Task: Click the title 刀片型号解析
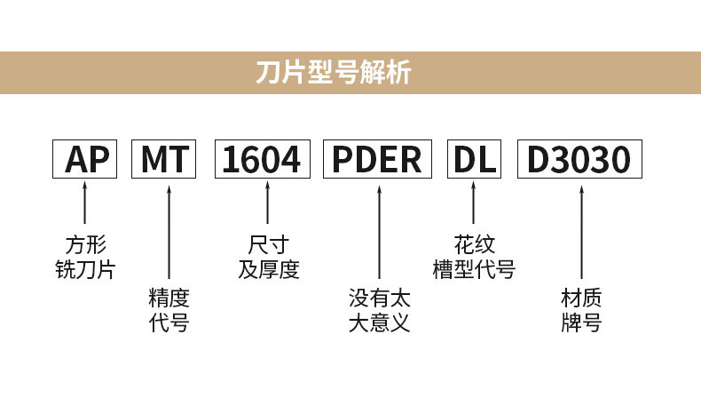coord(333,73)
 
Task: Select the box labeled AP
coord(86,160)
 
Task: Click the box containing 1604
coord(262,160)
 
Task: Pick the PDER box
coord(378,160)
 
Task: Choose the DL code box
coord(473,160)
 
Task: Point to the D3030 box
coord(579,160)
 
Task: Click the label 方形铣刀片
coord(86,257)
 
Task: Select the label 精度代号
coord(169,309)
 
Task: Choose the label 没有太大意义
coord(379,309)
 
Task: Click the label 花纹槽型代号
coord(474,257)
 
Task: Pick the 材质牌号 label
coord(581,309)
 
